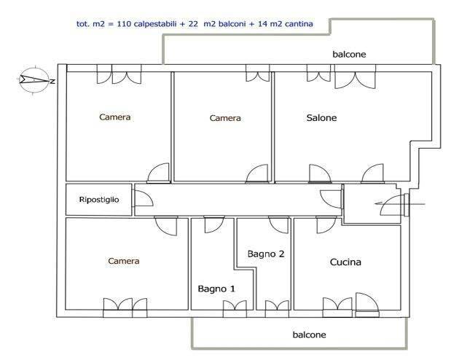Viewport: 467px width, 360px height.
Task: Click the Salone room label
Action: (x=321, y=118)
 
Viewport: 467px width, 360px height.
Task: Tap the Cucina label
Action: (x=345, y=262)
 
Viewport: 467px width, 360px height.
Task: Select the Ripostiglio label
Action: (x=99, y=200)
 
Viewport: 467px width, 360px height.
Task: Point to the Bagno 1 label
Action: (x=216, y=289)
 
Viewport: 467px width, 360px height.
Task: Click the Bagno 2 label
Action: (x=266, y=254)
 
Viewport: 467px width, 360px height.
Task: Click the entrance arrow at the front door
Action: (x=400, y=204)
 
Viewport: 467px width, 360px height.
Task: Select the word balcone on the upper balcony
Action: (x=349, y=54)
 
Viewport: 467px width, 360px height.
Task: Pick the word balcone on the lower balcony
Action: (x=309, y=334)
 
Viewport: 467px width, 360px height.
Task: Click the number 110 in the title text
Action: (x=124, y=24)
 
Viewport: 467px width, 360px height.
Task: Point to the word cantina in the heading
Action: (x=299, y=24)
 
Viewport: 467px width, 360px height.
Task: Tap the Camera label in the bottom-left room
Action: (x=124, y=261)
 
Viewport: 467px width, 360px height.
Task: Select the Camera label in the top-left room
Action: (x=114, y=117)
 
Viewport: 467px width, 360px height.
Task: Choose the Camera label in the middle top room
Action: (x=225, y=118)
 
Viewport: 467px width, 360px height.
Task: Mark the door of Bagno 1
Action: (x=214, y=224)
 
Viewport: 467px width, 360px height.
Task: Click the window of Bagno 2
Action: (x=277, y=308)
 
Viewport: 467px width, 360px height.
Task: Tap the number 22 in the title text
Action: (x=193, y=24)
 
